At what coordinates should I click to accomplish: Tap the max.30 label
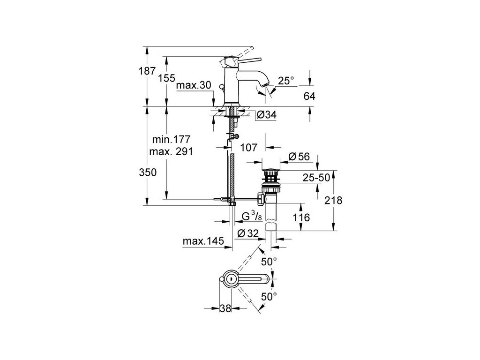(x=193, y=86)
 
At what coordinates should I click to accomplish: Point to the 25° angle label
(x=285, y=81)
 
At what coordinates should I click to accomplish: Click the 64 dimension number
(x=309, y=97)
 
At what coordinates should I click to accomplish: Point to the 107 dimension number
(x=248, y=148)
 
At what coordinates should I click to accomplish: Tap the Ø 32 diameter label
(x=248, y=233)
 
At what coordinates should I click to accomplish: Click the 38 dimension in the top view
(x=225, y=308)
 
